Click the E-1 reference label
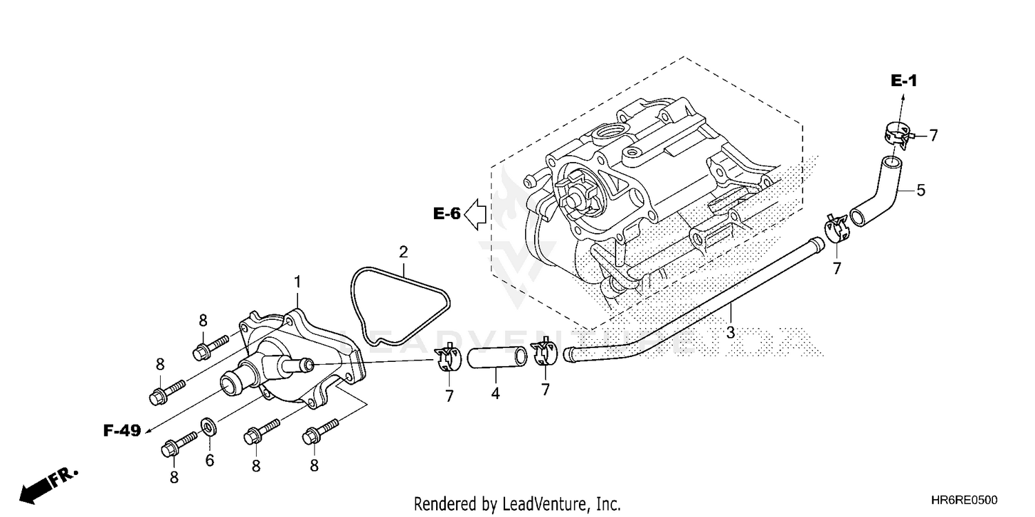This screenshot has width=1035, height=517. (x=903, y=81)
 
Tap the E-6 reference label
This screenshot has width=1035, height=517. (x=446, y=214)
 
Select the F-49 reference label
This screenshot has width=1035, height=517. (x=122, y=431)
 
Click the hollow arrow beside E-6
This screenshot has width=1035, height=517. (x=476, y=213)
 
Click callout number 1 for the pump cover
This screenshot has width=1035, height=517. (x=297, y=281)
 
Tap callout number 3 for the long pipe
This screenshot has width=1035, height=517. (x=730, y=332)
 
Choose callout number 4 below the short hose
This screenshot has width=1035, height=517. (x=495, y=394)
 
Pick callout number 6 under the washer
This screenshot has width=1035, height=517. (x=210, y=460)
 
